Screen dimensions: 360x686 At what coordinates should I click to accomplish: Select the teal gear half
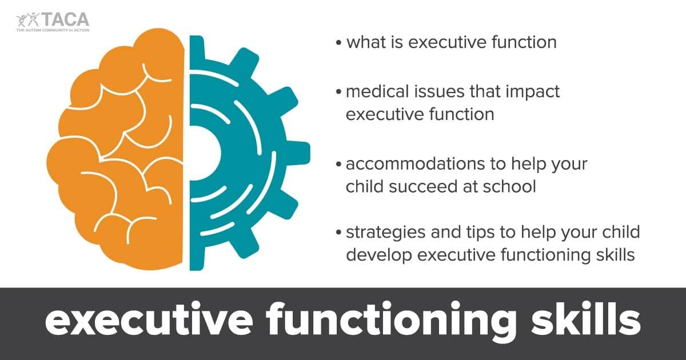240,154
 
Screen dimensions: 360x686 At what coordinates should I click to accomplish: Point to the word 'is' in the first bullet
404,42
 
